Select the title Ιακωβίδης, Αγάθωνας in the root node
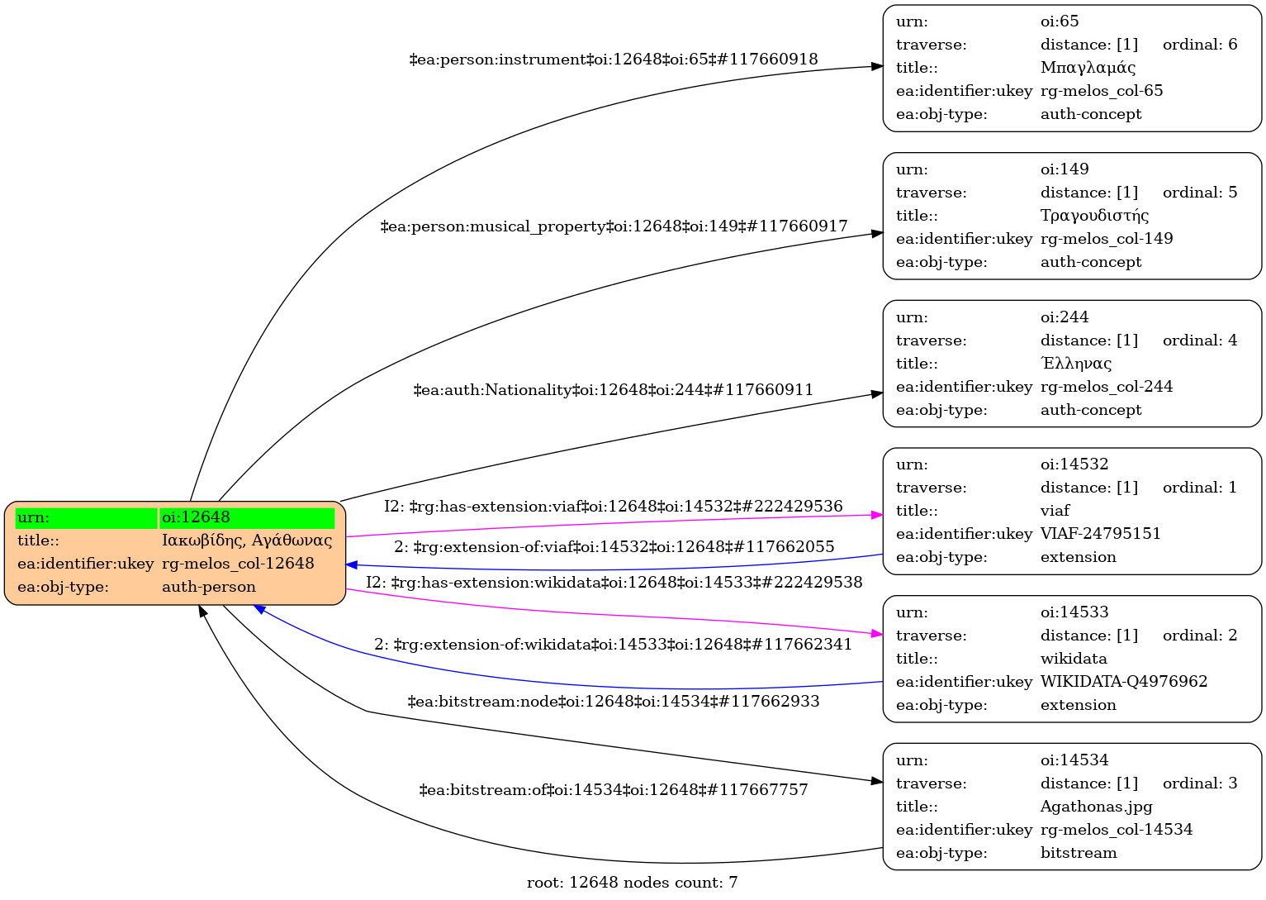[247, 540]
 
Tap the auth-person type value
[209, 587]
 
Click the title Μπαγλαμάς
[1088, 68]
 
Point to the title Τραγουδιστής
[1094, 216]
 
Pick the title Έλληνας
[1076, 364]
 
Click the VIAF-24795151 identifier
[1100, 534]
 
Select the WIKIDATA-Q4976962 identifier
[1123, 682]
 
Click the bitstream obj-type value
[1078, 853]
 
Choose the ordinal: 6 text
[1199, 45]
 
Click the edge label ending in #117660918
[614, 60]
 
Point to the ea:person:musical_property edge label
[614, 226]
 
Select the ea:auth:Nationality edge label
[614, 390]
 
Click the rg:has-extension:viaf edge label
[614, 507]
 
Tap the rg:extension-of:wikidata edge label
[614, 645]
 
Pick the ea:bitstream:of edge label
[614, 790]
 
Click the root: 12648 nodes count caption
[632, 883]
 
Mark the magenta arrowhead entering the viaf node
[877, 515]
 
